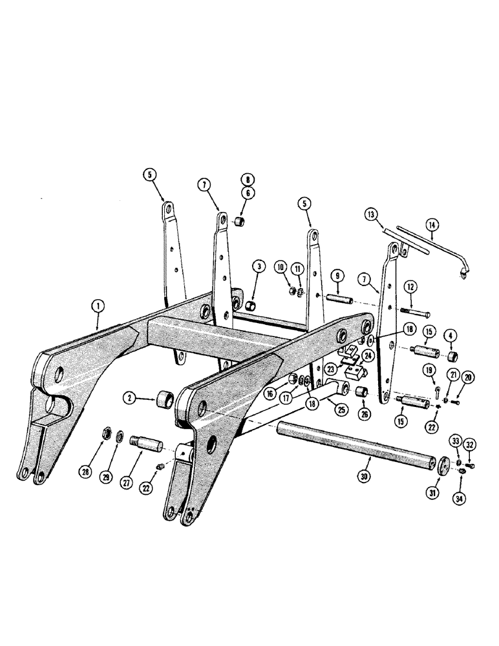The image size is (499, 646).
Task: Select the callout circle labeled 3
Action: [259, 266]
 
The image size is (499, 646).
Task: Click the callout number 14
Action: [431, 225]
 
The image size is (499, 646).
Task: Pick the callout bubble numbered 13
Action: [370, 215]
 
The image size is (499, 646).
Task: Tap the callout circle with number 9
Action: [337, 276]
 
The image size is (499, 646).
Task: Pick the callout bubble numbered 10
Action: [281, 266]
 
